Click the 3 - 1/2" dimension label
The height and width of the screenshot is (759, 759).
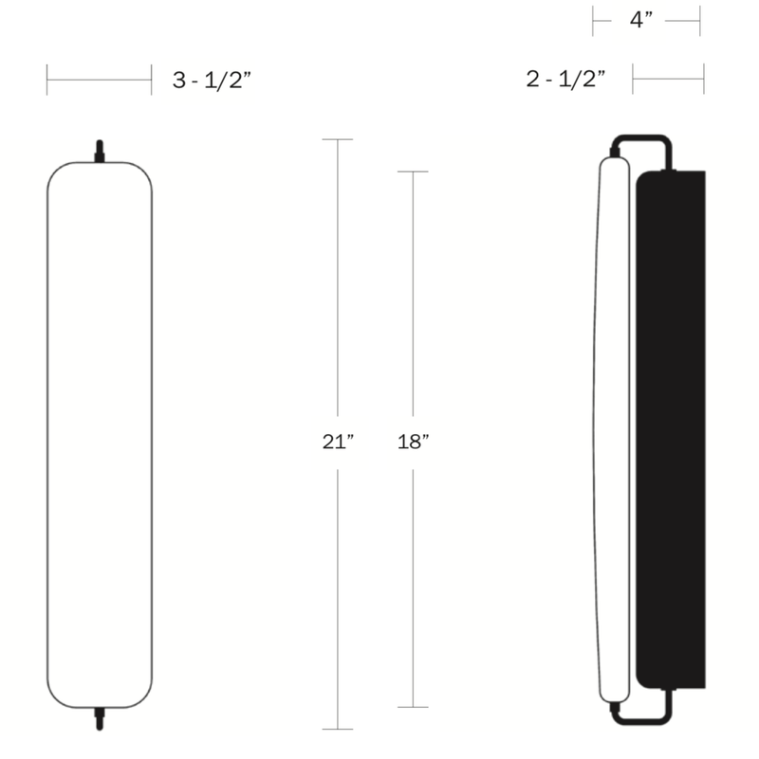211,81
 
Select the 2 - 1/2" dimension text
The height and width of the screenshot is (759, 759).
565,80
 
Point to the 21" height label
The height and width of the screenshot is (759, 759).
338,441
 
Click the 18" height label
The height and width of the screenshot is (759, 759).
412,441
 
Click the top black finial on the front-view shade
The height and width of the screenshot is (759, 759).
99,152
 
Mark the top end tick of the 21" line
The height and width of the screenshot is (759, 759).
338,140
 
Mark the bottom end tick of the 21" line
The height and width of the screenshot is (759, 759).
338,729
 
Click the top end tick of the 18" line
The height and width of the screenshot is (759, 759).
412,172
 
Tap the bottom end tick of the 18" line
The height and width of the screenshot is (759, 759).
412,707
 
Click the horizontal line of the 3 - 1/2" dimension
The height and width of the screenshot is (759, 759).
99,80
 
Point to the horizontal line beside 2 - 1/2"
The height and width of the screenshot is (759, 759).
668,80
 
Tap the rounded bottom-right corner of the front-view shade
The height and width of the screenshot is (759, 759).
142,697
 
